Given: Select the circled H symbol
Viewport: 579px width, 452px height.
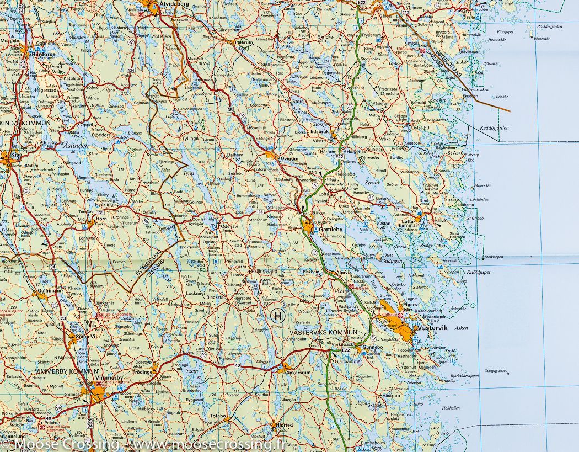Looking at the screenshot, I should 277,316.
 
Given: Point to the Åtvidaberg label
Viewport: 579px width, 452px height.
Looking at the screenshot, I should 173,3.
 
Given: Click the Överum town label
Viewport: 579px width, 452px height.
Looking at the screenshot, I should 289,158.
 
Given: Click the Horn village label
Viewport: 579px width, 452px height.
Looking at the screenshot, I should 100,218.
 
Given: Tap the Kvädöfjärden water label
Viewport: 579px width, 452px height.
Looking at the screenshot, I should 494,127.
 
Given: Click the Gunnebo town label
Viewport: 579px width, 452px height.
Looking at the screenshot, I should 372,348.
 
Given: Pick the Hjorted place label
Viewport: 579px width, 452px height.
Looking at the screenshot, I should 285,426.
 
